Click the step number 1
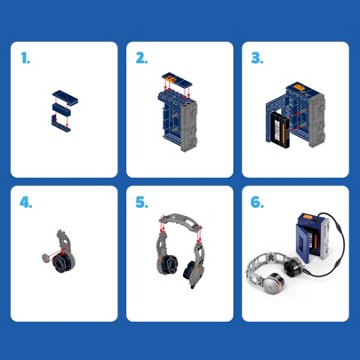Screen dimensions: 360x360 [25, 58]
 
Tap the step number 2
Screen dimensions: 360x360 [141, 58]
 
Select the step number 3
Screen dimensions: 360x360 [257, 58]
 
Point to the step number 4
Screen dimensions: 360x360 [26, 203]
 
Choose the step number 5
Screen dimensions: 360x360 [142, 203]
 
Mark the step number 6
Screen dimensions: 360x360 [257, 203]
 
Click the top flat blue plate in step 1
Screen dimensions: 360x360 [65, 96]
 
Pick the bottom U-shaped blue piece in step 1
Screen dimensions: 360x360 [61, 123]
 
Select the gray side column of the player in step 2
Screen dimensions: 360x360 [189, 126]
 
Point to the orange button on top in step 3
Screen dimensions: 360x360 [300, 88]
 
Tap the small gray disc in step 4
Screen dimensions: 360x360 [46, 258]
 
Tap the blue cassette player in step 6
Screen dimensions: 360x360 [310, 237]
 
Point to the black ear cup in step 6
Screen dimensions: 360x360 [292, 266]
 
